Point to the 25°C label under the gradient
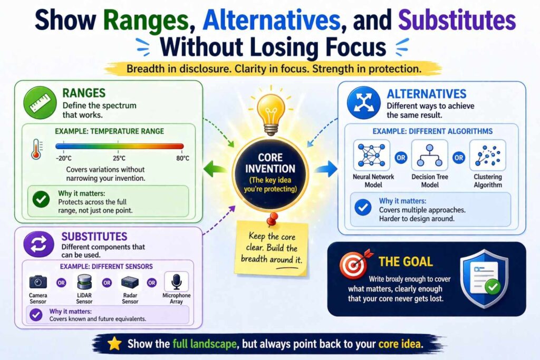pyautogui.click(x=119, y=158)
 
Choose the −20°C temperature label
pyautogui.click(x=64, y=158)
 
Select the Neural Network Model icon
pyautogui.click(x=372, y=155)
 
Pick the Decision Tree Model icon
pyautogui.click(x=429, y=155)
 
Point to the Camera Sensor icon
pyautogui.click(x=38, y=282)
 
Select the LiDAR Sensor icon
pyautogui.click(x=84, y=282)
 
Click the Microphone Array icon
pyautogui.click(x=177, y=282)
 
